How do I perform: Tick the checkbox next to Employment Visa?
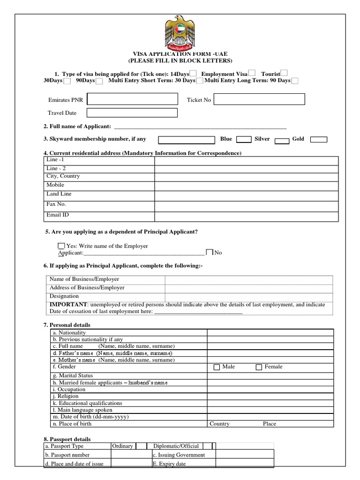252,73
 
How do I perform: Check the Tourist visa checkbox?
284,73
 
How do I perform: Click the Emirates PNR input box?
132,99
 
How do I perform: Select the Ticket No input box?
260,99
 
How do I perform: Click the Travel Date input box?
132,113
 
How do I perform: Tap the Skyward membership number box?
186,140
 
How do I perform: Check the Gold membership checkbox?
319,140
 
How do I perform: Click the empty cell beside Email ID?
246,216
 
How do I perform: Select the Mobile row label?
55,185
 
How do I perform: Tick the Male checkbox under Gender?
217,367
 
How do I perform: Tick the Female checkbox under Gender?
259,367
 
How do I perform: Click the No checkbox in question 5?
210,252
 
